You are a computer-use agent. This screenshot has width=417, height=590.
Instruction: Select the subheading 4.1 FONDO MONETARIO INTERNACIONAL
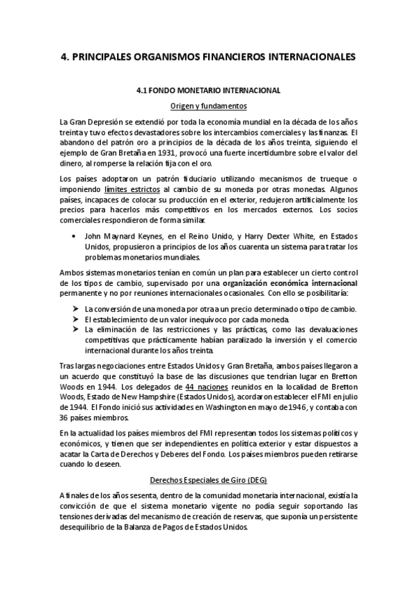click(x=208, y=90)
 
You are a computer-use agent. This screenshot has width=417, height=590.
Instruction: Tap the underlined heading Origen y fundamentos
click(x=208, y=106)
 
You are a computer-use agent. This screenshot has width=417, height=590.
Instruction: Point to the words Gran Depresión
click(x=88, y=122)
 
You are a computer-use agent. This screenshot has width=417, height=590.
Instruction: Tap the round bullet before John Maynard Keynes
click(x=74, y=236)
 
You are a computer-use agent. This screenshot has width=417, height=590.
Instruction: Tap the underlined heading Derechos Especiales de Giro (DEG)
click(x=208, y=479)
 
